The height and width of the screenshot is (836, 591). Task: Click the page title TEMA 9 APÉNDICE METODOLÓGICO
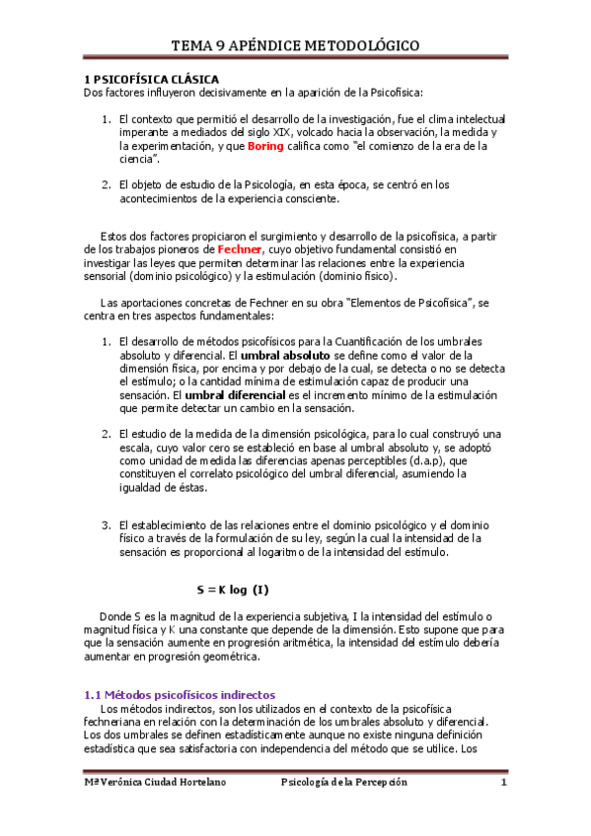[295, 45]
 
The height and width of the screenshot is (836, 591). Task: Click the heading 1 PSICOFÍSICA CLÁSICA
[149, 78]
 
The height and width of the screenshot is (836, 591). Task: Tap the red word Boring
[265, 146]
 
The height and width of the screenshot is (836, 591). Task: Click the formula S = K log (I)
[232, 590]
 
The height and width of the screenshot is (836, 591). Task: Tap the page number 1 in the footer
[503, 783]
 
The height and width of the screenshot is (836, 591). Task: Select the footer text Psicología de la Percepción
[344, 783]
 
